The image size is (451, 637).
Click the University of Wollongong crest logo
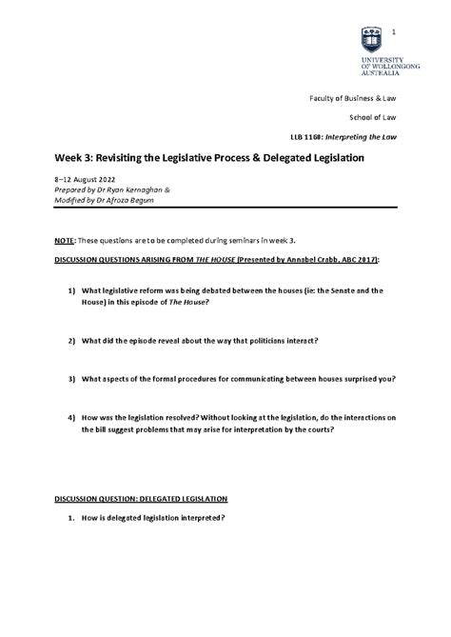(373, 39)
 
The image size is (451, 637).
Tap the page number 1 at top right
(393, 34)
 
